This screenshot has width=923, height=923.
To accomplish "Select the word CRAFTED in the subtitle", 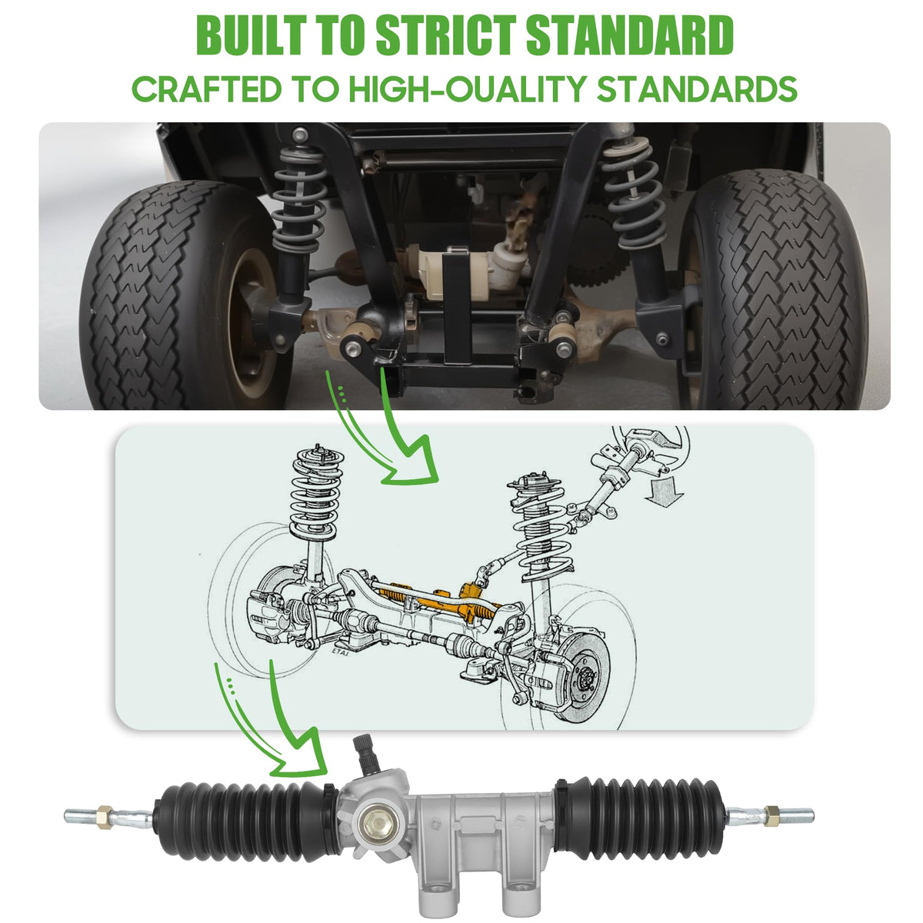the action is coord(206,89).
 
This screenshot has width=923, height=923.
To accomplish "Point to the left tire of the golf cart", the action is coord(185,295).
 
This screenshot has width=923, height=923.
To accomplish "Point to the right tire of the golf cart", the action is coord(775,290).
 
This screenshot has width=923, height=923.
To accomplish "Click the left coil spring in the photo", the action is coord(299,198).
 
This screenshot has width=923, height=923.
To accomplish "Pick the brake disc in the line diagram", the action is coord(585,676).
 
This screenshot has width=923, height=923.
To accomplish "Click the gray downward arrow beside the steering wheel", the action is coord(664,491).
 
